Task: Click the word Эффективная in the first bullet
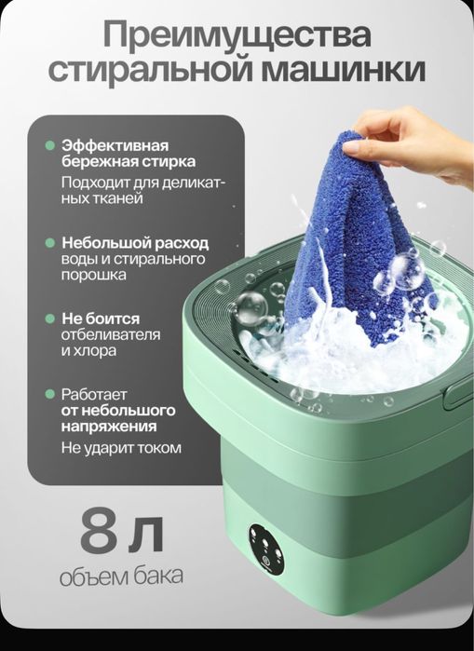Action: pyautogui.click(x=115, y=146)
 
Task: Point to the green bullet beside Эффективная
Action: pyautogui.click(x=49, y=146)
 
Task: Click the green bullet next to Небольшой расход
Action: pyautogui.click(x=49, y=241)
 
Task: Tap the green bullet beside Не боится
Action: pyautogui.click(x=49, y=318)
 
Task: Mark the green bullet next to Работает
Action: pyautogui.click(x=49, y=393)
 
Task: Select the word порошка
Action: pyautogui.click(x=94, y=276)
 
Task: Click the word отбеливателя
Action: pyautogui.click(x=111, y=335)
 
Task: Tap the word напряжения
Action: pyautogui.click(x=109, y=427)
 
